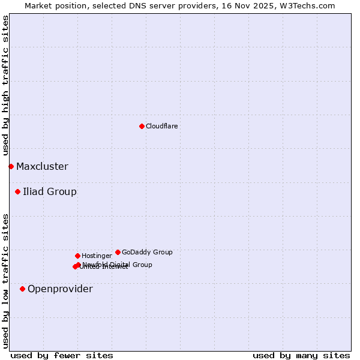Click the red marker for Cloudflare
point(142,126)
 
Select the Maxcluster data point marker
point(11,166)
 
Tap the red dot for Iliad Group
point(17,192)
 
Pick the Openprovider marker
point(22,289)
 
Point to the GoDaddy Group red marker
point(118,252)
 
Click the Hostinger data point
point(77,256)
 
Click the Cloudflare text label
point(162,126)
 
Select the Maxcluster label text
point(42,167)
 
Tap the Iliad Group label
point(50,192)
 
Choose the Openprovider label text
point(60,289)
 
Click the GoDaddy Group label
point(147,252)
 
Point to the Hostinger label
point(97,256)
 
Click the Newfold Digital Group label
point(118,264)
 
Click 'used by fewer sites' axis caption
point(62,355)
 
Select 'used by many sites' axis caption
point(301,355)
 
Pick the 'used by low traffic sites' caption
point(5,281)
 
